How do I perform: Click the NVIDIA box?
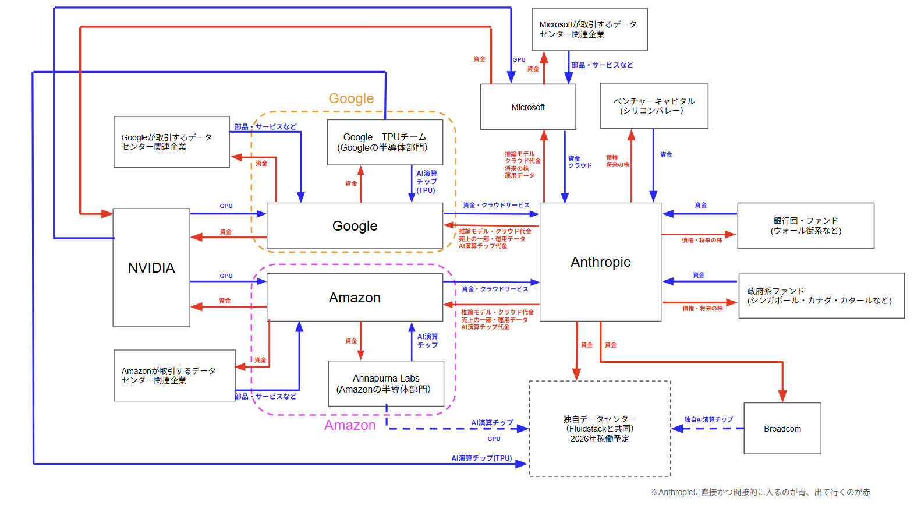(151, 267)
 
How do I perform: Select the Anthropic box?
(600, 262)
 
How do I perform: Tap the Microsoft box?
(528, 107)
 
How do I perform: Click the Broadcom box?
(782, 429)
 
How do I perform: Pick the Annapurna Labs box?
(386, 384)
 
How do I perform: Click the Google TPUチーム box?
(385, 142)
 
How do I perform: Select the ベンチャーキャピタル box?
(654, 105)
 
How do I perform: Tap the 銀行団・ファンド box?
(805, 225)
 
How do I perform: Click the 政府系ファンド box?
(821, 295)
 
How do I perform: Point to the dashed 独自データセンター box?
(600, 429)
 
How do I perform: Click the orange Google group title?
(351, 98)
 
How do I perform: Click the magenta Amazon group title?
(350, 425)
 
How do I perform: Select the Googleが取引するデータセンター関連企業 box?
(171, 142)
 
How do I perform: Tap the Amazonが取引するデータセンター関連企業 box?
(174, 376)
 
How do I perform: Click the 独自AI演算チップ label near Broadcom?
(708, 419)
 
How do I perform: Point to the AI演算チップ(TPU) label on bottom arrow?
(481, 458)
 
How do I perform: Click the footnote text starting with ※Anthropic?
(760, 492)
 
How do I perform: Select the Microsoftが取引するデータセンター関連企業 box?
(589, 29)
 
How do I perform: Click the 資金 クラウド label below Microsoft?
(579, 162)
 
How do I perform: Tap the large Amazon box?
(355, 298)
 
